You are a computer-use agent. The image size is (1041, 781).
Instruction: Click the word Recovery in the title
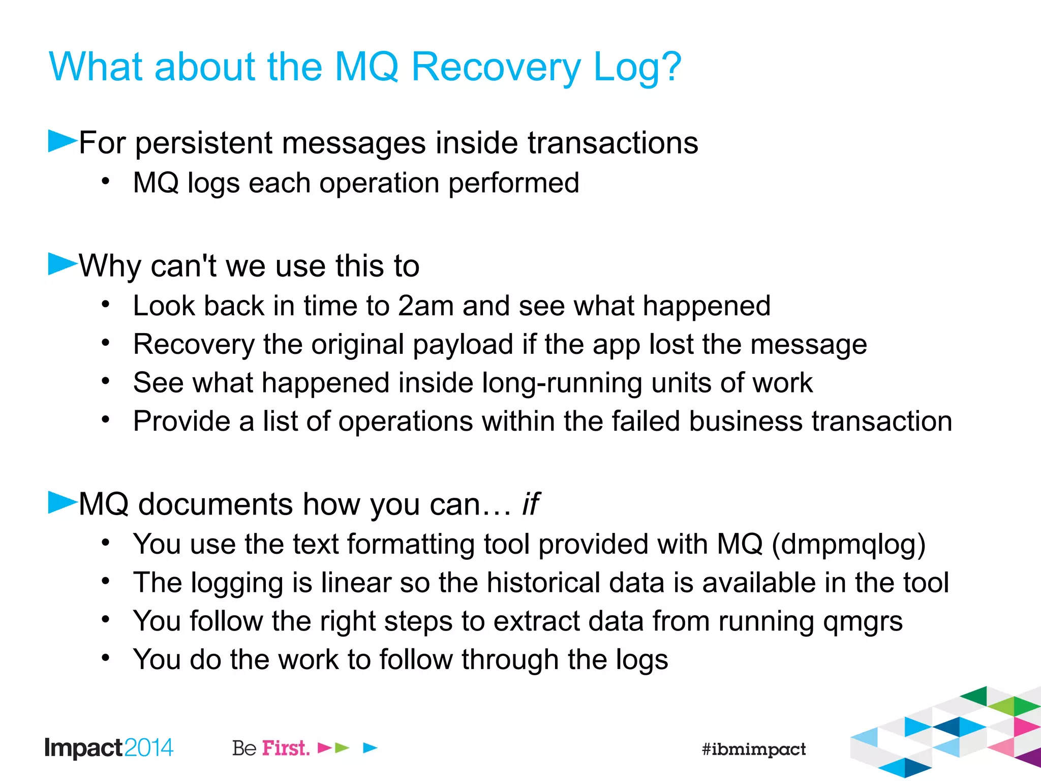pos(496,67)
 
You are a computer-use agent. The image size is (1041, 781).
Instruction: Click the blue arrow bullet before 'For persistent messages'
pos(62,141)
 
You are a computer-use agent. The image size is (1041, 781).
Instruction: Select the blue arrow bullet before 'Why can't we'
pos(62,264)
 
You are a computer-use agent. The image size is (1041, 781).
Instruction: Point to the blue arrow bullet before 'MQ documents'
pos(62,502)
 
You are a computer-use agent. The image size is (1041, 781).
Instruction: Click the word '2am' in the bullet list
pos(425,306)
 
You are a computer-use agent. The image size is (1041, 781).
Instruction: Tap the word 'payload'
pos(463,345)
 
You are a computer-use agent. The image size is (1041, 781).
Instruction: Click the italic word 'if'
pos(530,504)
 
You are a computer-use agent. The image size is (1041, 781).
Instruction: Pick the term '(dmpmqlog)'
pos(848,545)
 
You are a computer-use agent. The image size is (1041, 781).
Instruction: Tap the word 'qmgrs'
pos(863,622)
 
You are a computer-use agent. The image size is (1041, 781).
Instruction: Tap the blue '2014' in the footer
pos(148,748)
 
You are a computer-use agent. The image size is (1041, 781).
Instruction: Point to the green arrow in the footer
pos(343,748)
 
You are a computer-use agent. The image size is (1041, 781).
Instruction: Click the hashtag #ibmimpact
pos(753,749)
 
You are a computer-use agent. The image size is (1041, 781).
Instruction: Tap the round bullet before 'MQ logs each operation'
pos(105,182)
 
